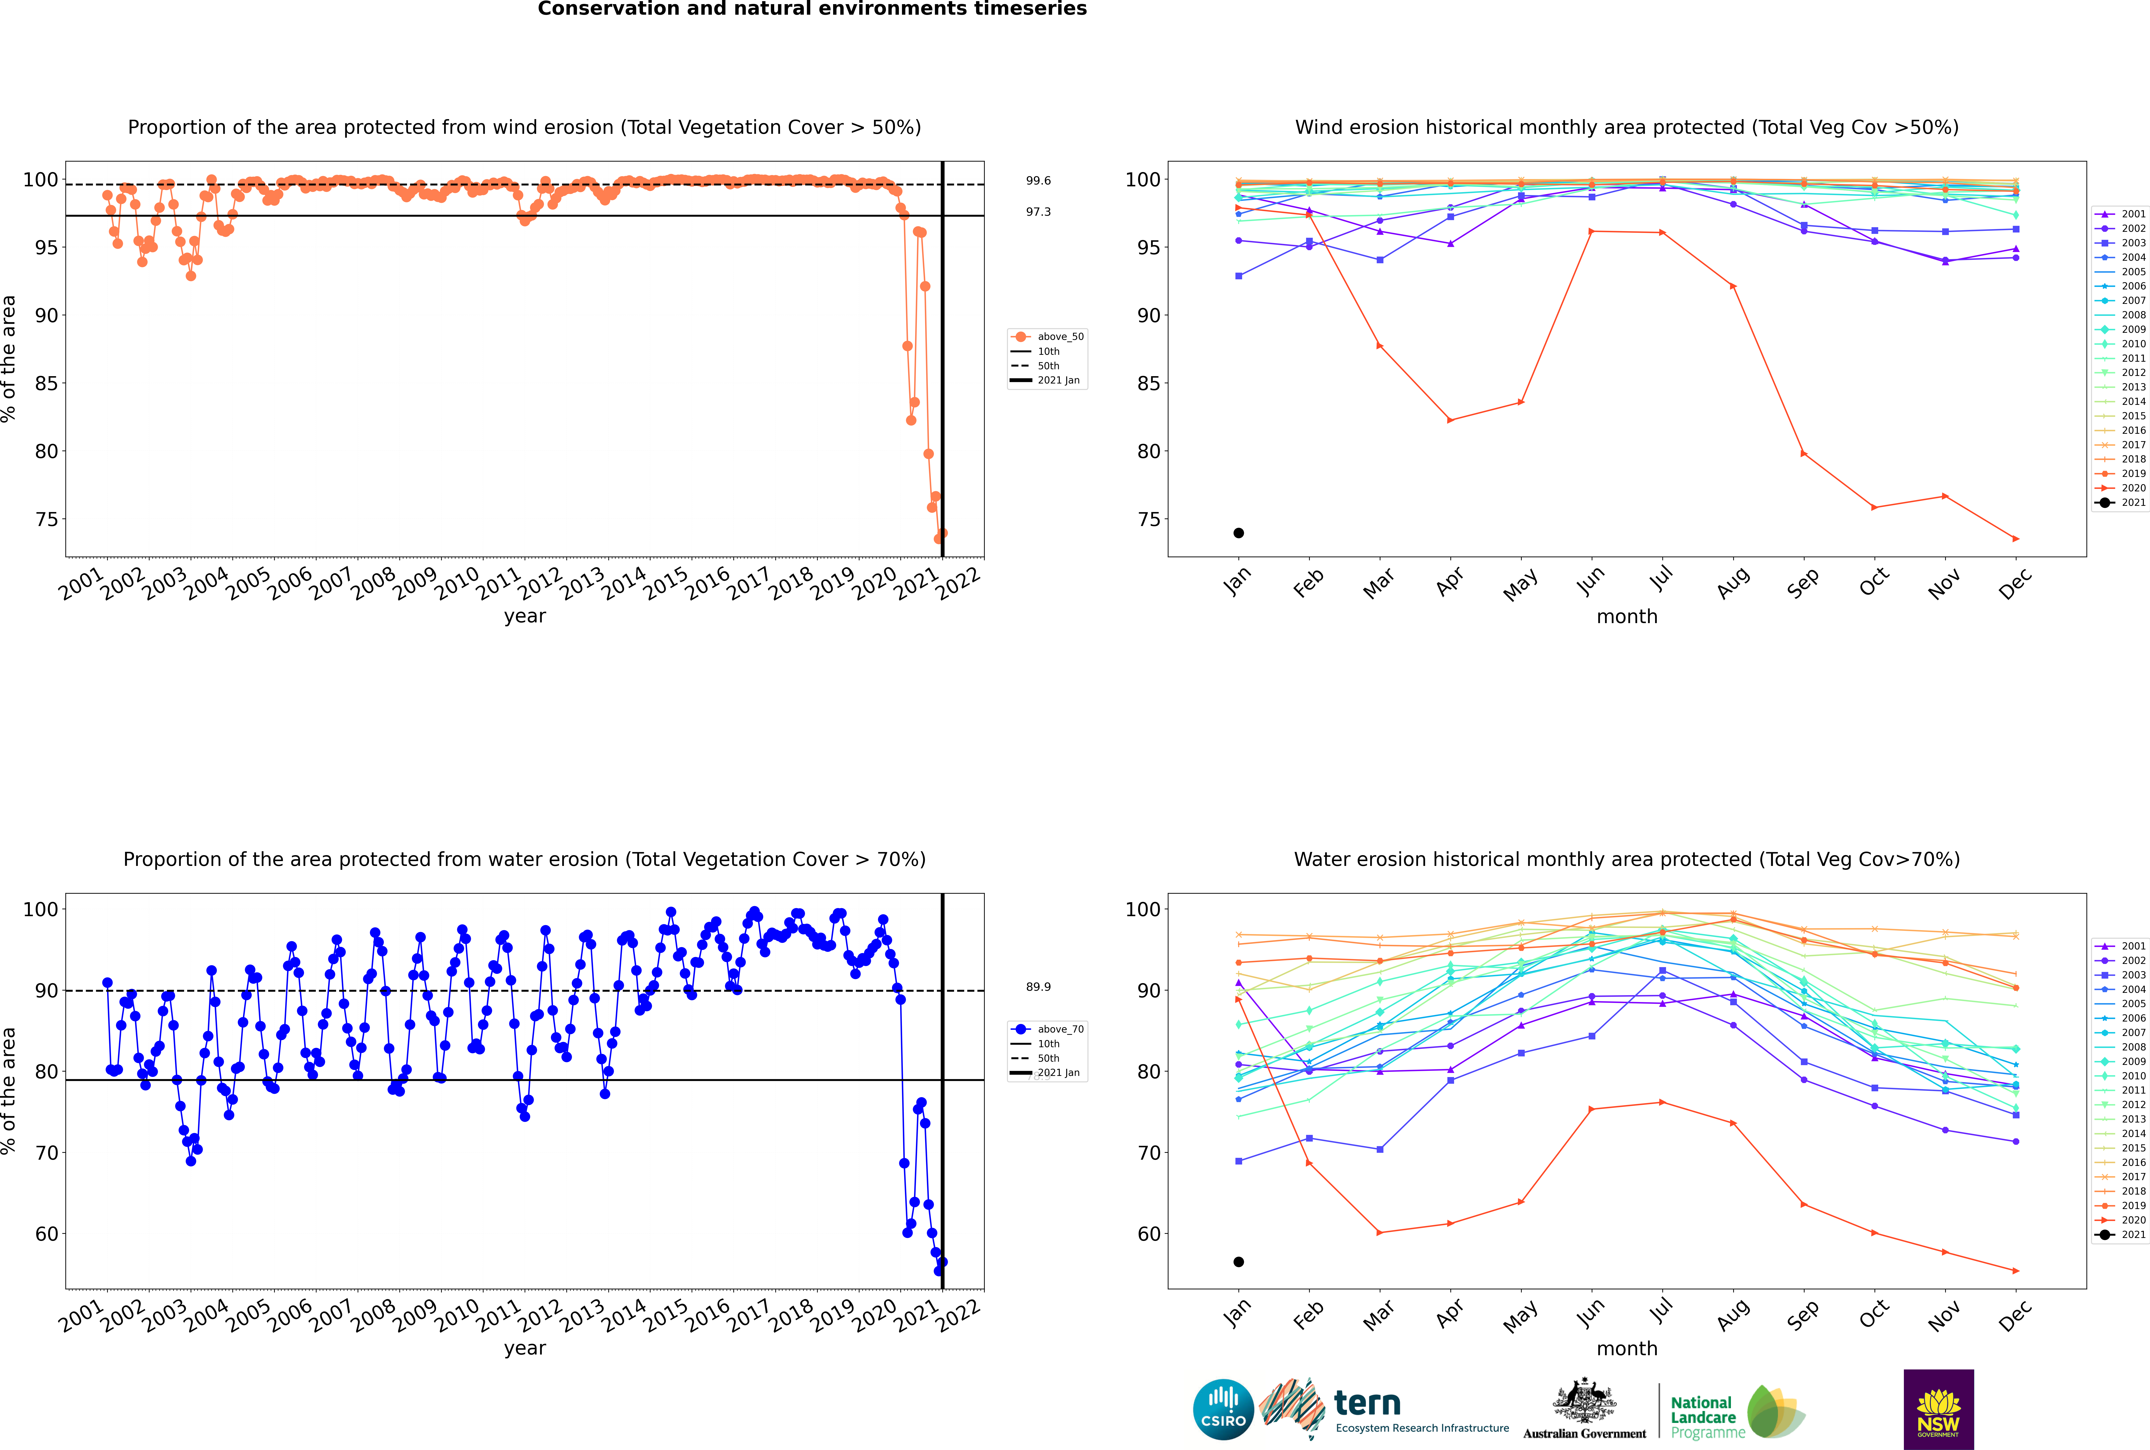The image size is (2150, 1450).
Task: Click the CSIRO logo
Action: click(x=1223, y=1409)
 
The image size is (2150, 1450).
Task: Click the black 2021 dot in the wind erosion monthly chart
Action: click(x=1239, y=533)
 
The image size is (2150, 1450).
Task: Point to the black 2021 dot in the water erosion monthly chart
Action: click(x=1239, y=1261)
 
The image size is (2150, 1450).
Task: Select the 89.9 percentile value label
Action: click(x=1038, y=987)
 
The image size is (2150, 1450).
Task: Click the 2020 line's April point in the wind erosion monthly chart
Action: click(x=1450, y=420)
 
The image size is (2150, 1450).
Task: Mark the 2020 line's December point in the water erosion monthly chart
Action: click(x=2016, y=1271)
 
